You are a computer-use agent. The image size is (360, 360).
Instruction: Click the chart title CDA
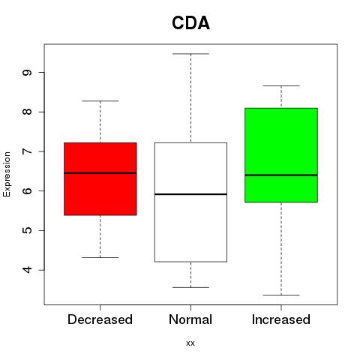coord(190,23)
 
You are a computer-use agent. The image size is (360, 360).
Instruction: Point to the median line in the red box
coord(100,173)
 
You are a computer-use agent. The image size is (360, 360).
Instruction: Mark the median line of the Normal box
coord(190,194)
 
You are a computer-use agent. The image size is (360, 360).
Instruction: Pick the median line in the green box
coord(281,175)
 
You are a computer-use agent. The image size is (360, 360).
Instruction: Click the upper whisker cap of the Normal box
coord(190,54)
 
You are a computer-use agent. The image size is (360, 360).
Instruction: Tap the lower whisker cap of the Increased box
coord(281,295)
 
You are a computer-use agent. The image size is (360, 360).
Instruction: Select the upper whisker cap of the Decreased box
coord(100,101)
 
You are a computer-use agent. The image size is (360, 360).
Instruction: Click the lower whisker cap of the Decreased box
coord(100,257)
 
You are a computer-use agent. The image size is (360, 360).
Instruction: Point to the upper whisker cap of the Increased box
coord(281,85)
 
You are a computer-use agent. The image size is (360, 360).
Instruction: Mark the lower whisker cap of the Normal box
coord(190,287)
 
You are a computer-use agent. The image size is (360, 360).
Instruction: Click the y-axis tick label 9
coord(27,73)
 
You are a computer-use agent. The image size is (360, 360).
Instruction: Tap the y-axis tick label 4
coord(27,270)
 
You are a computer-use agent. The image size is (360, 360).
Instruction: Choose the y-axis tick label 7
coord(27,151)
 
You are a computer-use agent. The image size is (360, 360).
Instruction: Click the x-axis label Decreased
coord(100,319)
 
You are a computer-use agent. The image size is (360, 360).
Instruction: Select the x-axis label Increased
coord(281,319)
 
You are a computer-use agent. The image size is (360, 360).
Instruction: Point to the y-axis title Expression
coord(7,174)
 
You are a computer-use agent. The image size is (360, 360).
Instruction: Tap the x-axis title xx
coord(190,343)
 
